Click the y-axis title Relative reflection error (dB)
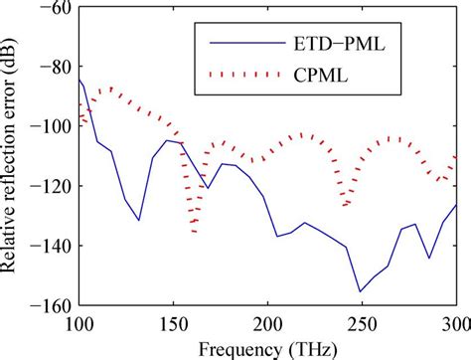tap(14, 156)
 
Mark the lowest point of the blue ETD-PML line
tap(360, 291)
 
